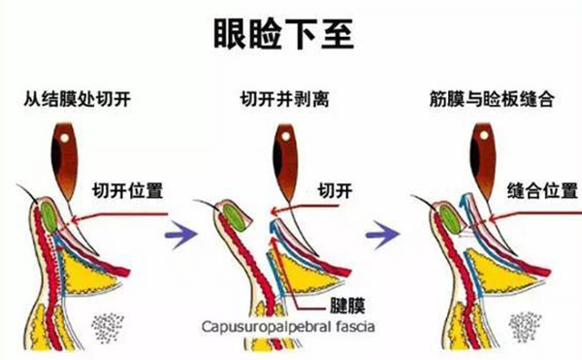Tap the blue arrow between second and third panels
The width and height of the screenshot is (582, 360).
(x=389, y=233)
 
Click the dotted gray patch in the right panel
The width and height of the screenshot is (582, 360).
(x=526, y=325)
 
